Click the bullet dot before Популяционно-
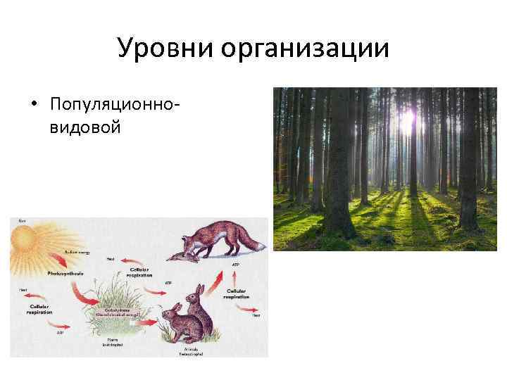coord(33,106)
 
